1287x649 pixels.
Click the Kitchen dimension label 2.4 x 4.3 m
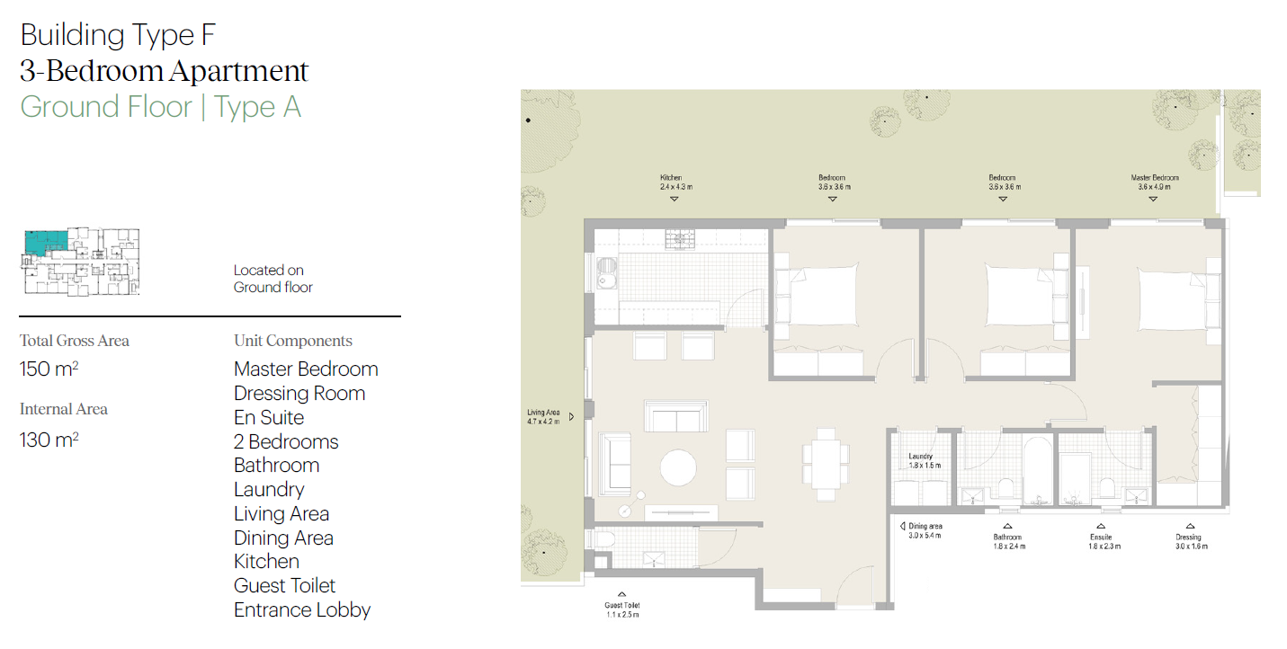[676, 187]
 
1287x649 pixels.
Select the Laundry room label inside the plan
[925, 460]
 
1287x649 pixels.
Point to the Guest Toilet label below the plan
[622, 610]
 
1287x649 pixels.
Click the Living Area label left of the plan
[543, 417]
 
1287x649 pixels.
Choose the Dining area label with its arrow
[921, 530]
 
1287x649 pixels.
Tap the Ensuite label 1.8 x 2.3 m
[1104, 542]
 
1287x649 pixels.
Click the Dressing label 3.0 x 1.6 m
[1192, 542]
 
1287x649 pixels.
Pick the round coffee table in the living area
[678, 468]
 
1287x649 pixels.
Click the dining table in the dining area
[826, 465]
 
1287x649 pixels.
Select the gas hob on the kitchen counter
[680, 239]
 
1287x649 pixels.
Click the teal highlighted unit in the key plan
[46, 243]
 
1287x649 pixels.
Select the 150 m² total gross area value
[49, 369]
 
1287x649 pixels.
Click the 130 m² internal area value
[49, 440]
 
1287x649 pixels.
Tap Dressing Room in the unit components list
[299, 394]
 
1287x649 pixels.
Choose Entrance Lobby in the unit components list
[302, 610]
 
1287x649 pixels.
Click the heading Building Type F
[118, 36]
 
